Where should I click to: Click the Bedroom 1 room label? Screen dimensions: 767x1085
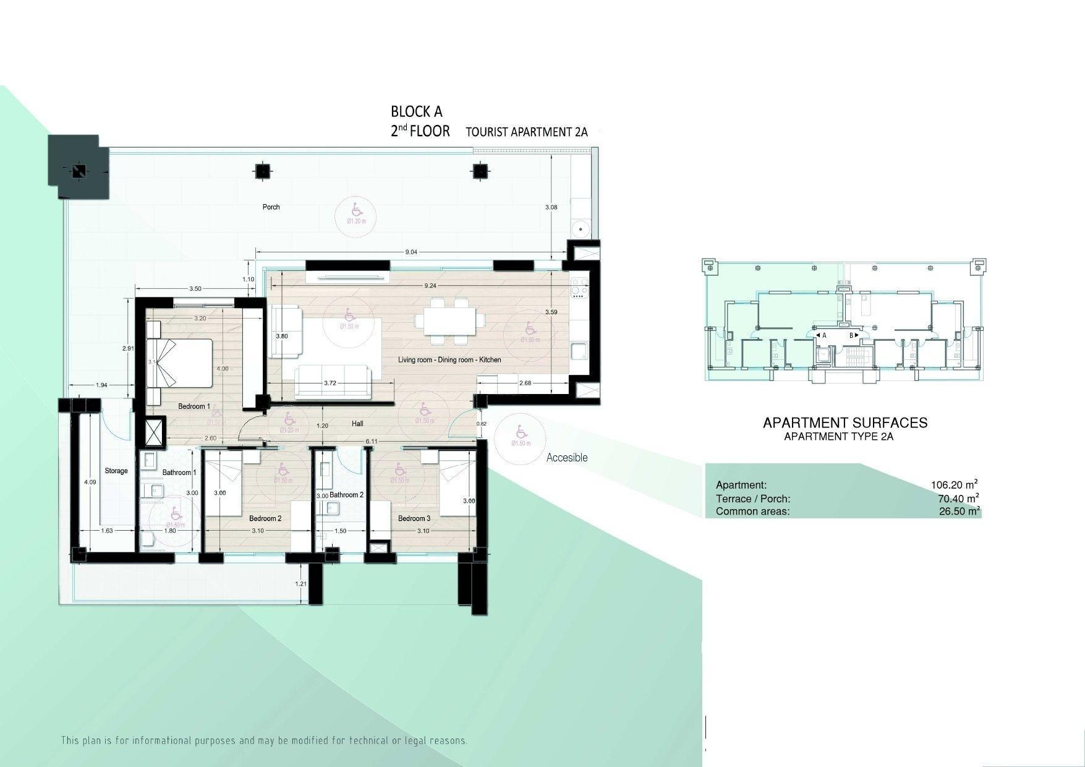(x=194, y=406)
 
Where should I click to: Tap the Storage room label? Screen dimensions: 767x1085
(x=116, y=471)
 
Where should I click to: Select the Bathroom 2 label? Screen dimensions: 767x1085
(x=346, y=495)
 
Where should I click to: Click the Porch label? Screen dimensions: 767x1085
(x=271, y=207)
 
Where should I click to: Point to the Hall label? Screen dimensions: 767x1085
(x=357, y=424)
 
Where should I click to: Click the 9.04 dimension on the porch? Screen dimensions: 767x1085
(x=411, y=252)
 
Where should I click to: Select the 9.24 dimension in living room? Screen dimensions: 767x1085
(x=430, y=286)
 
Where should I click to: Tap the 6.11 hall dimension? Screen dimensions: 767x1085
(x=372, y=440)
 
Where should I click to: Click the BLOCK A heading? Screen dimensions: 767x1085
(x=417, y=112)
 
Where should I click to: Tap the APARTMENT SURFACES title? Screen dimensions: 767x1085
(x=845, y=423)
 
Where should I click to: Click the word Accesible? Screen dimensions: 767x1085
(x=567, y=458)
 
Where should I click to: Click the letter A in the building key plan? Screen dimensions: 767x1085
(x=825, y=335)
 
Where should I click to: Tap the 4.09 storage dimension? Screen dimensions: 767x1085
(x=90, y=482)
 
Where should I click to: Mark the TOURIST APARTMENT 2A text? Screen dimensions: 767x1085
(x=526, y=132)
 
